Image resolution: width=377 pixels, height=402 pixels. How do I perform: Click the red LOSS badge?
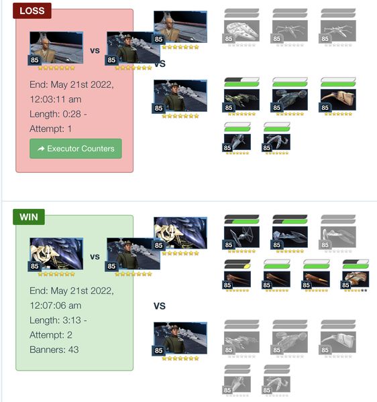32,11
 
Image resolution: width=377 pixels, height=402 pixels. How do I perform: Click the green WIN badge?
29,217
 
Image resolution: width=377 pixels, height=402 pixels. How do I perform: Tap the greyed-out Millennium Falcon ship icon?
241,31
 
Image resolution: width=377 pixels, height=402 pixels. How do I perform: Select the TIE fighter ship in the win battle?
241,237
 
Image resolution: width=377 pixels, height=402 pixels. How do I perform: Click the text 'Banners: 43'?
54,350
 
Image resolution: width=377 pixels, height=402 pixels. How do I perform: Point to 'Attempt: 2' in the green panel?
51,335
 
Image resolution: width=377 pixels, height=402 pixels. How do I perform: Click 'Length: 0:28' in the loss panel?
56,114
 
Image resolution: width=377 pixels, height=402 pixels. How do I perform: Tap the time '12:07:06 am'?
56,306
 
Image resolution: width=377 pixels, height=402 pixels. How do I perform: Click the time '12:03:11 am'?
56,99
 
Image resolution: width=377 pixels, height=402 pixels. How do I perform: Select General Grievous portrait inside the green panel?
56,254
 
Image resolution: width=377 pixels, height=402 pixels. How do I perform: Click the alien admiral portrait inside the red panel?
56,48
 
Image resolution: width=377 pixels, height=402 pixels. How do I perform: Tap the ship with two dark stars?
356,279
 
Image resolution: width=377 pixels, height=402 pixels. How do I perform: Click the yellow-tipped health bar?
237,267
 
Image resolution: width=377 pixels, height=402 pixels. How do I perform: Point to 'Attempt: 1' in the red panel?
50,129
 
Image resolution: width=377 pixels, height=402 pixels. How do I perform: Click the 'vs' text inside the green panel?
95,257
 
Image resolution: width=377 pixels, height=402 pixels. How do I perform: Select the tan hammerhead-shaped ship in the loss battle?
338,100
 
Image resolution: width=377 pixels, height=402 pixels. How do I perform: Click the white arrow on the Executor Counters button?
41,149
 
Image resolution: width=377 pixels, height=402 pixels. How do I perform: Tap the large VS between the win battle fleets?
160,306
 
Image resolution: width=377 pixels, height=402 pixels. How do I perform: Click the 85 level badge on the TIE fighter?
228,245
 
